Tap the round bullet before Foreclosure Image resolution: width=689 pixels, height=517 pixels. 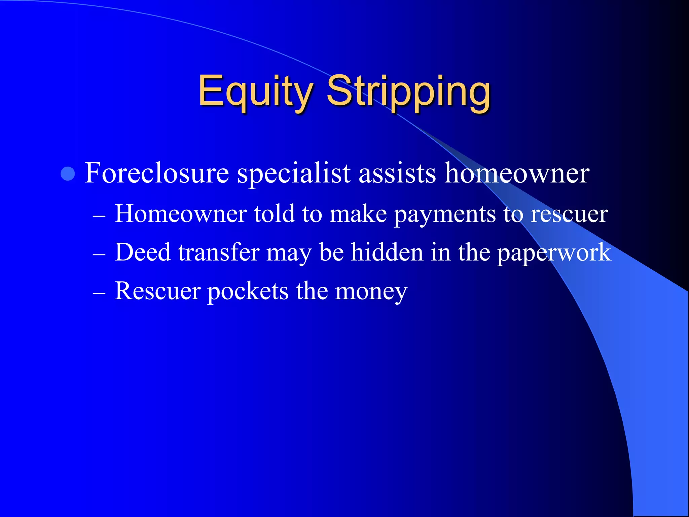(68, 174)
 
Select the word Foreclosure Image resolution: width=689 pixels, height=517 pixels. (157, 173)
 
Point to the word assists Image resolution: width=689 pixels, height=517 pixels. (397, 173)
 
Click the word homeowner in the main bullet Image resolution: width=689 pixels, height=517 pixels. (517, 173)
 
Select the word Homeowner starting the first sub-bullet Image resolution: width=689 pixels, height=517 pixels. (181, 214)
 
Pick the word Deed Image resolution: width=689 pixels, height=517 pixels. (143, 252)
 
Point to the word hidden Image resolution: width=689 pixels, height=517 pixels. (387, 252)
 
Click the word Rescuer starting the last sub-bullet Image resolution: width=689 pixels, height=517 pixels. (158, 291)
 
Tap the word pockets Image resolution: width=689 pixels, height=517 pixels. (248, 291)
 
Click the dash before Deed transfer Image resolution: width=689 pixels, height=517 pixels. (99, 255)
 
